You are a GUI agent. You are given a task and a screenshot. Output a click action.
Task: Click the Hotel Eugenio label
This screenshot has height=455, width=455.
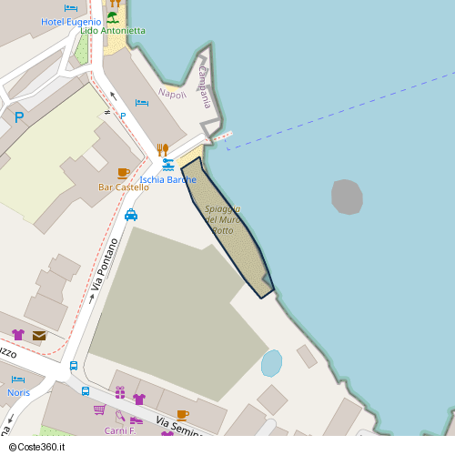tap(70, 21)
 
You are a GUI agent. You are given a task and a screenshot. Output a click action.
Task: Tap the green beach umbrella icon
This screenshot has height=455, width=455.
tap(113, 16)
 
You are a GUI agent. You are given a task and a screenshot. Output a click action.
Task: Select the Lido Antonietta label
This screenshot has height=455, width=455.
tap(113, 31)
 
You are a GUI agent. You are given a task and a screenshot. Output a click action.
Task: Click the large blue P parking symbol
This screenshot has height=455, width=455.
tap(19, 116)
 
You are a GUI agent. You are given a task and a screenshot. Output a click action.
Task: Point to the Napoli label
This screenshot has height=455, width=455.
tap(172, 94)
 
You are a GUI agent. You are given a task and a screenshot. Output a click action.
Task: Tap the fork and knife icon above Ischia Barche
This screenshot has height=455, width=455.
tap(163, 148)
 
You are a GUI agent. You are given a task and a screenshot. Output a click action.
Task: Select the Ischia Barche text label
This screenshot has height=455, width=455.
tap(167, 180)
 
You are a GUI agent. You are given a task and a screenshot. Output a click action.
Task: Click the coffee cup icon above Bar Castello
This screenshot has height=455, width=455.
tap(124, 173)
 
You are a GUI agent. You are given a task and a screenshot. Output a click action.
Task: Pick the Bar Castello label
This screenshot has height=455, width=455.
tap(123, 187)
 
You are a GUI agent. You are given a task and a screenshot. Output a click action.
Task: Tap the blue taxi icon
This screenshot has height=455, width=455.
tap(131, 215)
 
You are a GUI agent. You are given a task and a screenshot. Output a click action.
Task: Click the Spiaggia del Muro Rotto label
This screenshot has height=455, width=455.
tap(222, 219)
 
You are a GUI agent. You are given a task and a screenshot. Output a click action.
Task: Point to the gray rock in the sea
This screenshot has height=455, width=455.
tap(347, 197)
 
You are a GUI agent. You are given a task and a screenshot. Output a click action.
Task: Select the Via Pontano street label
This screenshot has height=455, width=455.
tap(105, 265)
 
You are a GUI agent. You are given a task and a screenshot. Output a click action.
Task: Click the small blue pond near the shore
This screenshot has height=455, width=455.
tap(271, 363)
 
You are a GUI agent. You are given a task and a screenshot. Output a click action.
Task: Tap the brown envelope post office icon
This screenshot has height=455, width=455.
tap(39, 336)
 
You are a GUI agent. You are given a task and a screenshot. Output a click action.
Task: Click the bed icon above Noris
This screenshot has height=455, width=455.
tap(17, 379)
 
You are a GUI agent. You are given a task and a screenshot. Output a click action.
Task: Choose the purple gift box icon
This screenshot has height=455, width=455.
tap(120, 392)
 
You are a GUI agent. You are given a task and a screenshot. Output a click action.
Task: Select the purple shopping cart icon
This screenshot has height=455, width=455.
tap(99, 409)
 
